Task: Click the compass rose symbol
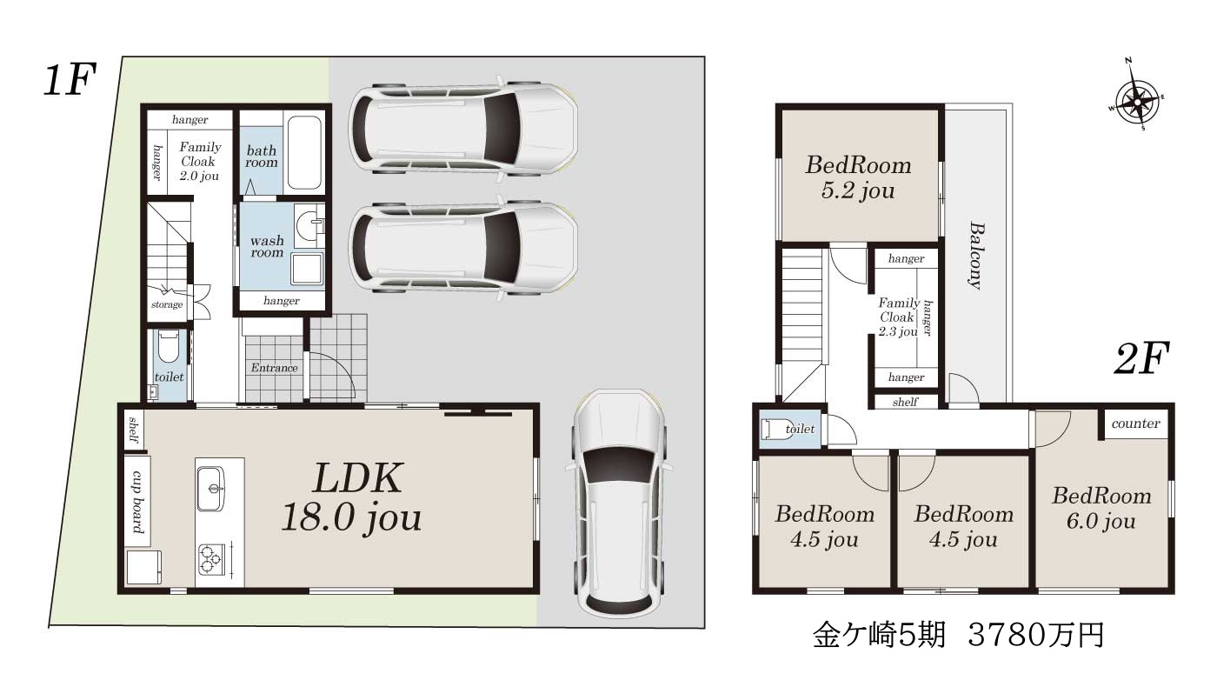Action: click(1137, 102)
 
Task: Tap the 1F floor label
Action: click(70, 80)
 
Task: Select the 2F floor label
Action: click(1141, 358)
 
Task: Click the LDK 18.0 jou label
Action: click(352, 497)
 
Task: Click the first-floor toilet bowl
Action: click(169, 348)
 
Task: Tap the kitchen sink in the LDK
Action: click(210, 488)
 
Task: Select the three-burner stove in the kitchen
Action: click(210, 558)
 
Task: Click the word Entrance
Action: click(275, 368)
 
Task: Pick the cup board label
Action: click(138, 501)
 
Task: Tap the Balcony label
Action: click(977, 255)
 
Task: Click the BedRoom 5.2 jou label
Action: click(859, 177)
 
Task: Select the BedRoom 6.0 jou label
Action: click(1101, 508)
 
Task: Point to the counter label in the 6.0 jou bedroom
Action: click(1135, 424)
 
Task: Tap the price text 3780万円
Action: click(1036, 634)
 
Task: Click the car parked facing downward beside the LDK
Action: click(619, 503)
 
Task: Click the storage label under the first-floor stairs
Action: click(167, 305)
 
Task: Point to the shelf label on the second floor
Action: click(905, 402)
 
